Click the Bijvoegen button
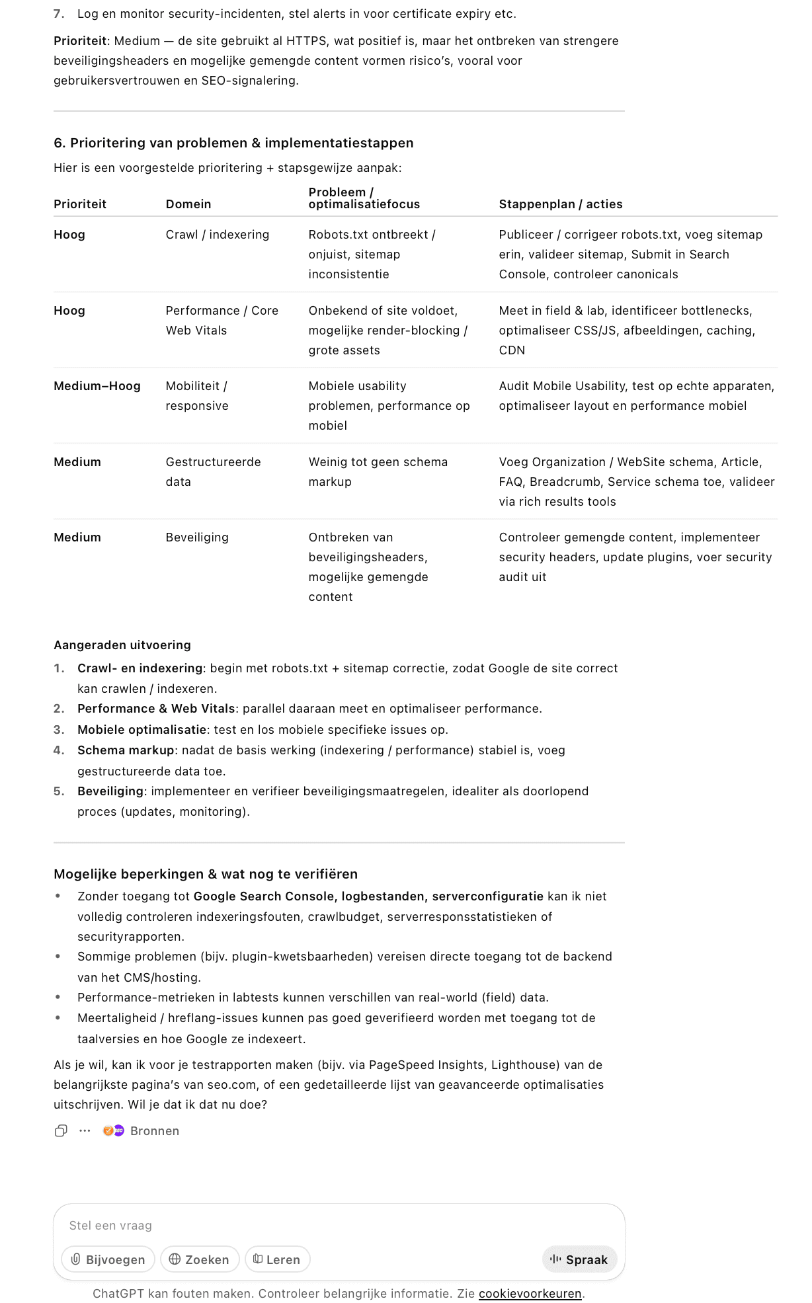point(108,1259)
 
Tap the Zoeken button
point(199,1259)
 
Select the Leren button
point(277,1259)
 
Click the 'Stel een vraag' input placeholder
point(110,1226)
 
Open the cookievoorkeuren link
point(530,1293)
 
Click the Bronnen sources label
point(154,1131)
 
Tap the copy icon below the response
point(61,1131)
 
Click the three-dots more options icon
point(85,1131)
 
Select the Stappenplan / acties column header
point(560,204)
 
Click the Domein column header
point(188,204)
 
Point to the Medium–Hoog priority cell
point(97,386)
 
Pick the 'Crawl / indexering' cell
point(217,235)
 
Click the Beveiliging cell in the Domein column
point(197,537)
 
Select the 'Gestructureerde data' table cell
point(213,471)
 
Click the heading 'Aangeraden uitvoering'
point(122,645)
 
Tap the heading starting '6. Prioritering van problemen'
point(233,143)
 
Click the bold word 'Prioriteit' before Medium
point(80,41)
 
